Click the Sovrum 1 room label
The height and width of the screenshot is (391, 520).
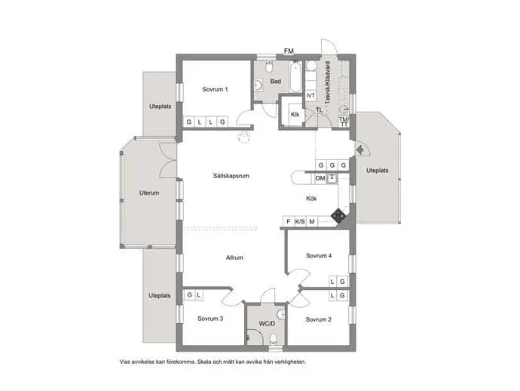click(x=215, y=89)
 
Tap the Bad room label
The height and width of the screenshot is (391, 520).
click(x=276, y=81)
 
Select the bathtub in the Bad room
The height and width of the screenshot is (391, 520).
click(x=295, y=78)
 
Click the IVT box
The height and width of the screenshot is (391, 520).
click(x=310, y=96)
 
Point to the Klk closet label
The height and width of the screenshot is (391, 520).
click(x=295, y=115)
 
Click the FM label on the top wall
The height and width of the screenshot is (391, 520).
click(x=289, y=51)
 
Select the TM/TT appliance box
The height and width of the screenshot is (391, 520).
click(x=344, y=122)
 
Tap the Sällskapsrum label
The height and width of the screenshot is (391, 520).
click(x=231, y=176)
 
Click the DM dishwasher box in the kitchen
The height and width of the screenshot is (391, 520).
click(x=320, y=178)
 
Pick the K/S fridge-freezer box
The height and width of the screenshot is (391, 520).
click(x=300, y=221)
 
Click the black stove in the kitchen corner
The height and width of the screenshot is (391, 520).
click(x=338, y=217)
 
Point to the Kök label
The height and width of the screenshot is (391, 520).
click(x=311, y=199)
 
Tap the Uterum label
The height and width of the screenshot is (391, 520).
click(x=149, y=192)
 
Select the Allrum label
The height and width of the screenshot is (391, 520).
click(x=234, y=257)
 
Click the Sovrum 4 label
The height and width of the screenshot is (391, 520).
click(x=319, y=255)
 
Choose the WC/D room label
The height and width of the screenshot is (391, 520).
click(x=267, y=324)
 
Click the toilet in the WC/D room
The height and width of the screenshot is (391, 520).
click(x=274, y=339)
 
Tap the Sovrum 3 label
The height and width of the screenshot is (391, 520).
click(x=210, y=319)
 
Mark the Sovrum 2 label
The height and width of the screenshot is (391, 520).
click(x=318, y=319)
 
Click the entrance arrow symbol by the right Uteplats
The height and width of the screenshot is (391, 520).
click(x=360, y=150)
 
